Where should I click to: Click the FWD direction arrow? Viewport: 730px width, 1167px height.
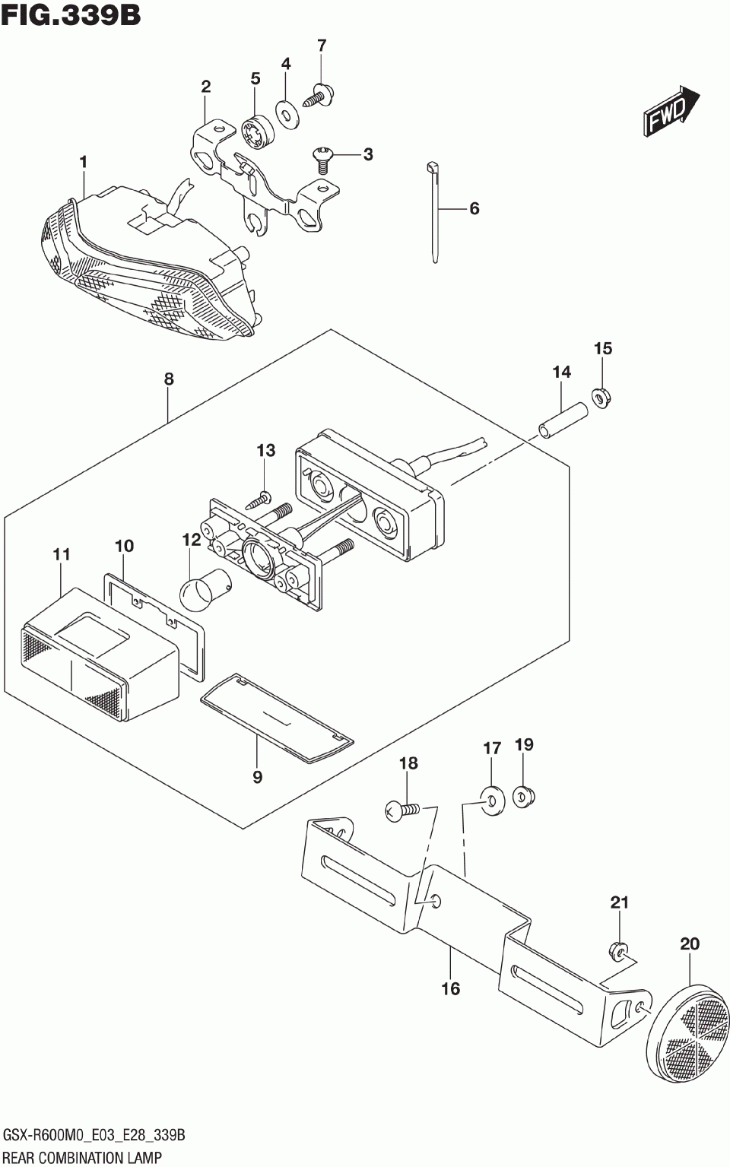click(671, 112)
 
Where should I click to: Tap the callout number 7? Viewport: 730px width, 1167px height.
click(322, 46)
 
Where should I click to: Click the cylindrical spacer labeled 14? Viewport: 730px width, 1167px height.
click(563, 422)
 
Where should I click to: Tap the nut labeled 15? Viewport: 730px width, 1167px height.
click(601, 400)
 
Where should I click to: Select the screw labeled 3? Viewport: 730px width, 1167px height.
click(322, 160)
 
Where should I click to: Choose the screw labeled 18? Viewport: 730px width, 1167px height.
click(401, 812)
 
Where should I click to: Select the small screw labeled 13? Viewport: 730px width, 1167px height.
click(259, 501)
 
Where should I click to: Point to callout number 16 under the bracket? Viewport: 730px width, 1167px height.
click(451, 988)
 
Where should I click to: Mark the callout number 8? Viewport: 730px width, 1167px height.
click(168, 379)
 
